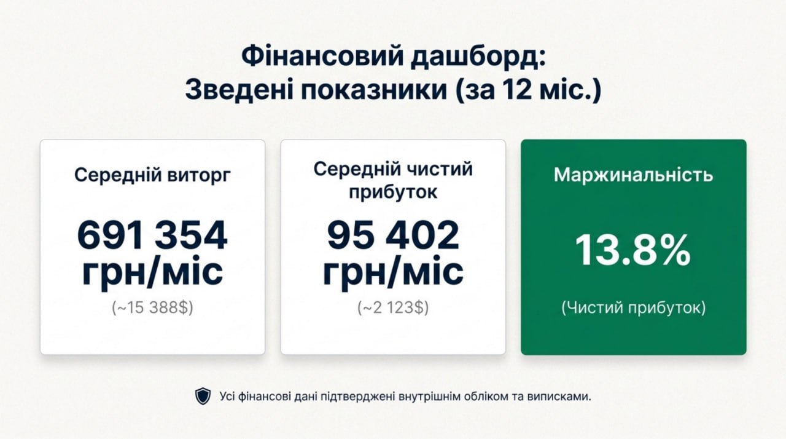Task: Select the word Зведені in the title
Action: click(239, 90)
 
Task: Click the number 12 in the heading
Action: click(516, 90)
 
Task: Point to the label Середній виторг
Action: click(152, 175)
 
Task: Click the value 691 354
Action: click(152, 235)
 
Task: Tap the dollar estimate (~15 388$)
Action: click(152, 307)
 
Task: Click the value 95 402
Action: click(393, 235)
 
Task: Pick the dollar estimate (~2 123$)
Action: click(393, 307)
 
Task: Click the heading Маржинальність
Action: click(633, 175)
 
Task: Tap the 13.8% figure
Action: click(633, 251)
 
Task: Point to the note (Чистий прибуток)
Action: click(633, 307)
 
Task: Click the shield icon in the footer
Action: click(203, 397)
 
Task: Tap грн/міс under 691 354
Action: click(152, 272)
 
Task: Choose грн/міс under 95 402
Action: click(393, 272)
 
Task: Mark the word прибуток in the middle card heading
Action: click(393, 192)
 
